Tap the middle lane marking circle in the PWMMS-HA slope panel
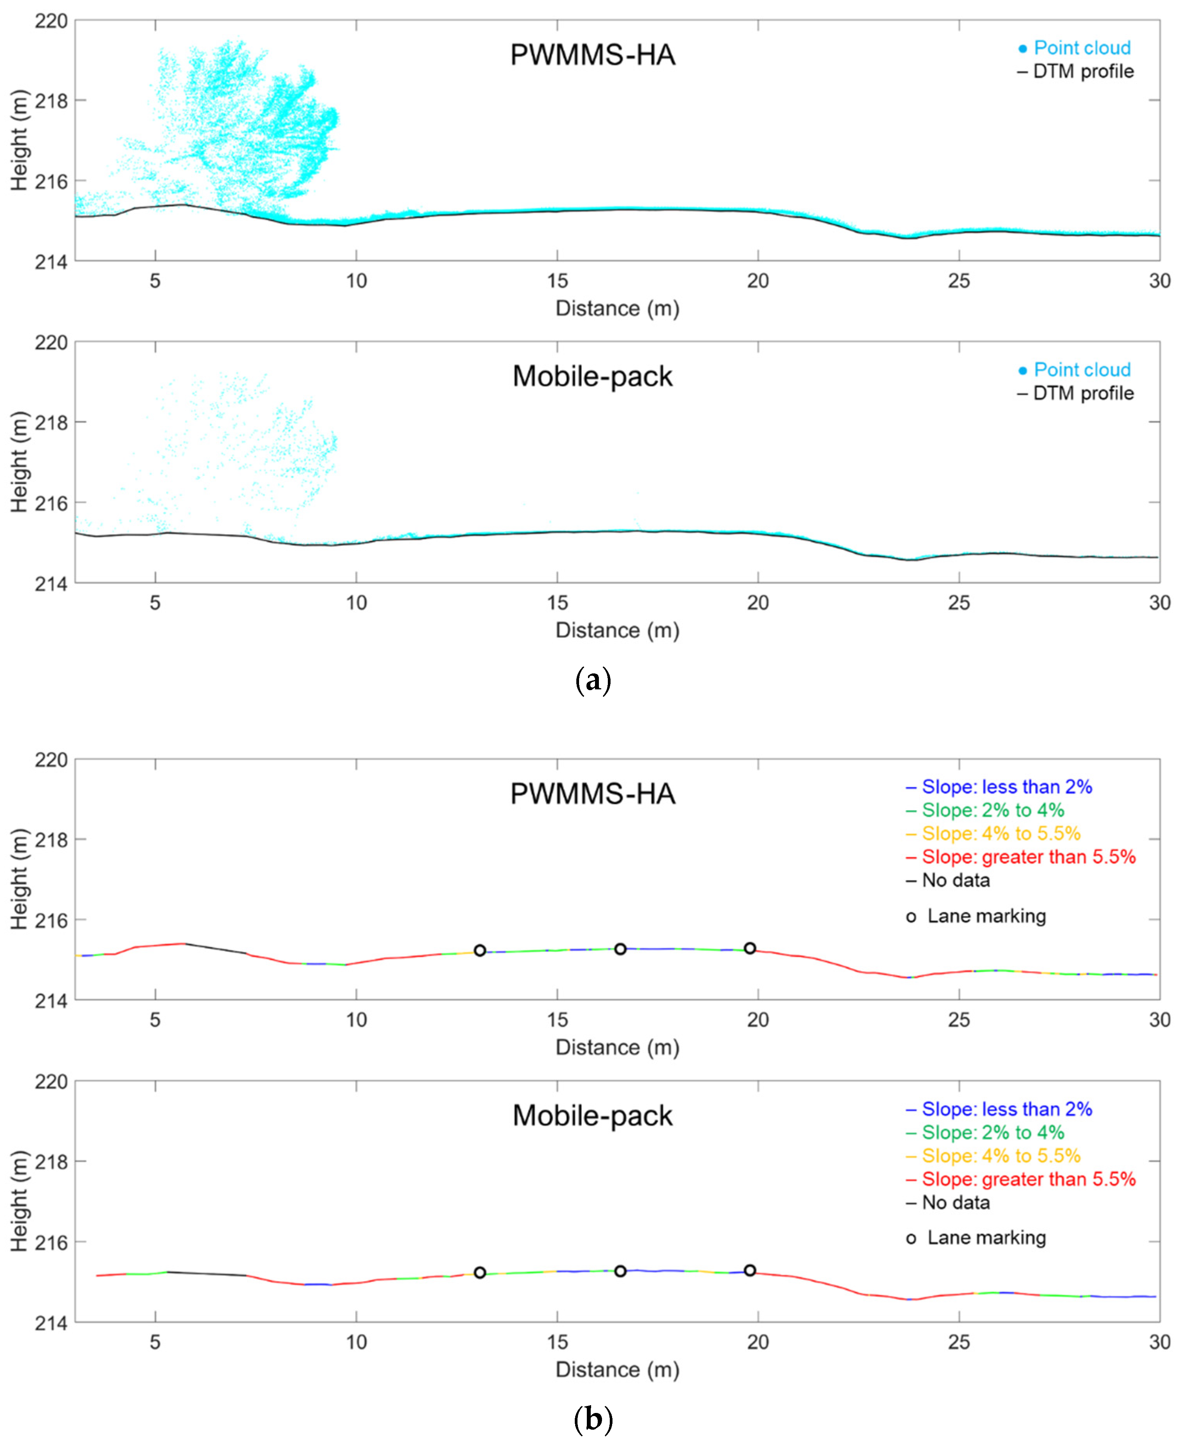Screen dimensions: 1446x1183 point(620,949)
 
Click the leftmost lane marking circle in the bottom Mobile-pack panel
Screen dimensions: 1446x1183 point(480,1272)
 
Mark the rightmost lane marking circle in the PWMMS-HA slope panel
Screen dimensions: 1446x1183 point(750,948)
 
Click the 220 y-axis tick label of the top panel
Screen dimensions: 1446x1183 point(51,21)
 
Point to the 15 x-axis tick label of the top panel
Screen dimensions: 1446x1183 point(557,281)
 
